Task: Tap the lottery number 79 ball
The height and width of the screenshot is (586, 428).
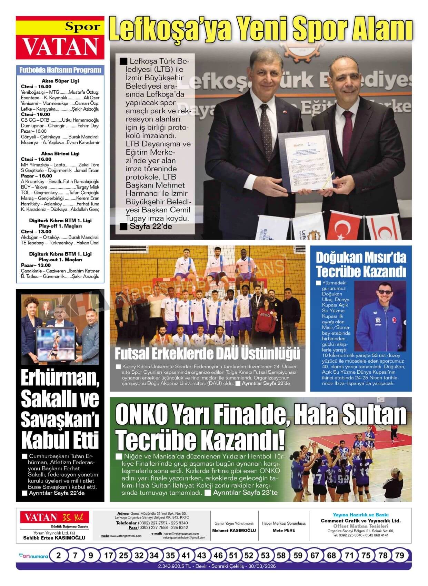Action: click(x=399, y=556)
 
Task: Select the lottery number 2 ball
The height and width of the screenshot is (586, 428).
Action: click(x=59, y=556)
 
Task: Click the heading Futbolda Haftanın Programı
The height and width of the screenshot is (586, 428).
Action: click(x=60, y=70)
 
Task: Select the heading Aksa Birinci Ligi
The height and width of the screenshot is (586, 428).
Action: click(x=60, y=153)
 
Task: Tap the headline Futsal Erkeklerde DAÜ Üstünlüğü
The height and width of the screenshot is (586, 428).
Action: click(x=207, y=354)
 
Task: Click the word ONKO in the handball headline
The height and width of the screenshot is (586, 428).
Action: click(x=141, y=415)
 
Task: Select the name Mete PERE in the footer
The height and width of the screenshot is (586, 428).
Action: click(x=284, y=530)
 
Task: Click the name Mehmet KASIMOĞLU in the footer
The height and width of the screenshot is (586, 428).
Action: click(x=234, y=530)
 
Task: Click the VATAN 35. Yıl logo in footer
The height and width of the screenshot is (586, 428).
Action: click(x=54, y=517)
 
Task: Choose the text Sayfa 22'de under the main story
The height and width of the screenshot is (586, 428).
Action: click(x=151, y=226)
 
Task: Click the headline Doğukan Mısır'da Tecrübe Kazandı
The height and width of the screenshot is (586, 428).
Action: click(x=361, y=264)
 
